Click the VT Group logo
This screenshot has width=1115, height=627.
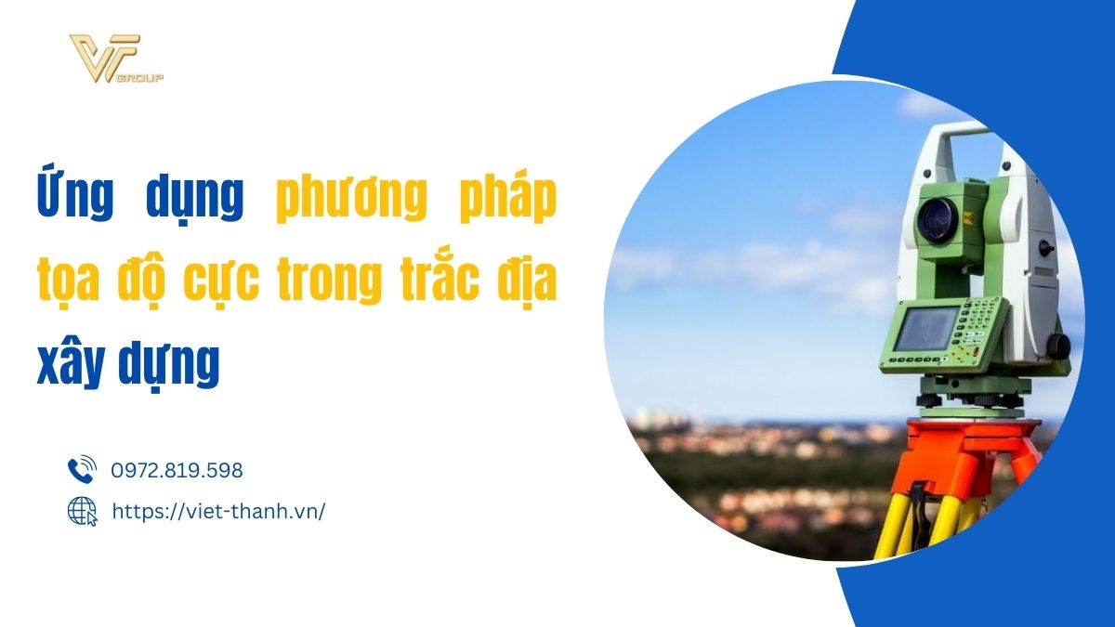[116, 59]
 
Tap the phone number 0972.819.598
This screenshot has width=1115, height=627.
[177, 470]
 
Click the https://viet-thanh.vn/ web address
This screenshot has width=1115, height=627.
[218, 512]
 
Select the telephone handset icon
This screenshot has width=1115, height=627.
[82, 469]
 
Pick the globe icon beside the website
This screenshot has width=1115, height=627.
[83, 511]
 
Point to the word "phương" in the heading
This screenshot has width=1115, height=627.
[351, 198]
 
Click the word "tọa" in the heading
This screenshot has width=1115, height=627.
[68, 282]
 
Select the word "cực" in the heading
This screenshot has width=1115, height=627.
[221, 283]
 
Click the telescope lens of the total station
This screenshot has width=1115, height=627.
[938, 220]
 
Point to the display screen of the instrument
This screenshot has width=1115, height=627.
[925, 329]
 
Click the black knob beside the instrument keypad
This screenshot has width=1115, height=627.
[1058, 346]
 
